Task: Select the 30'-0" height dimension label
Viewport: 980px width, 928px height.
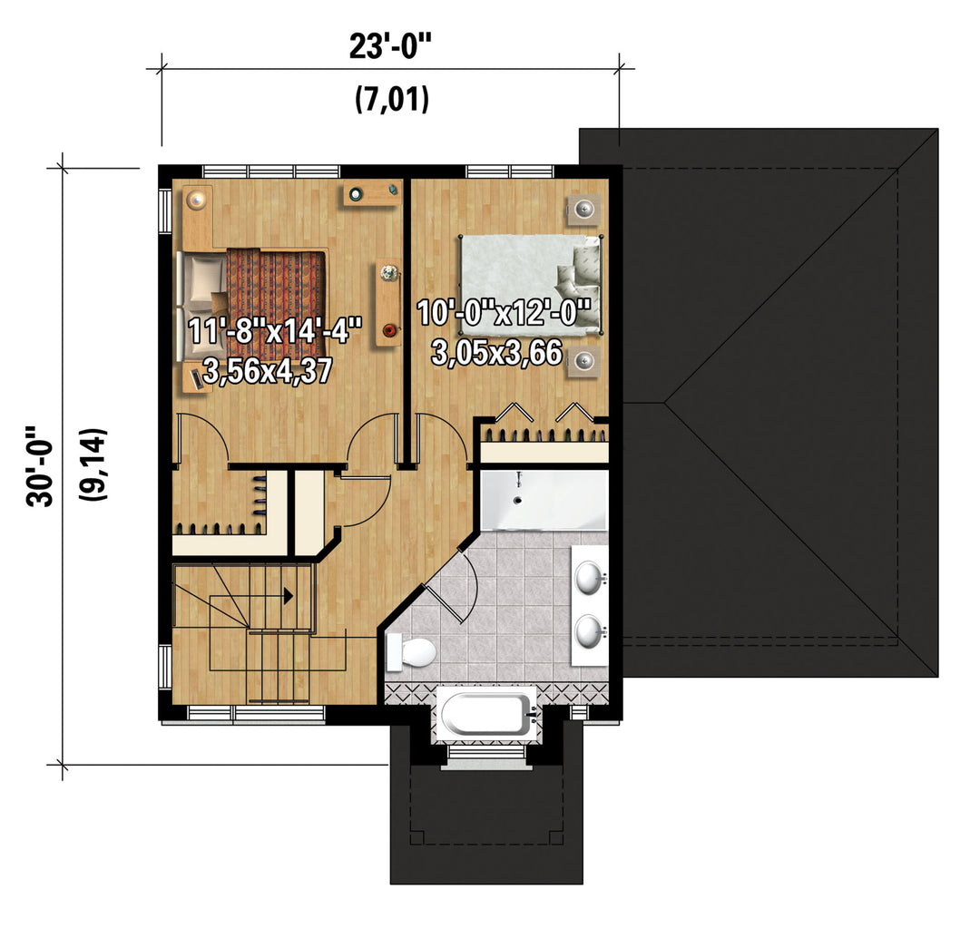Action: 39,466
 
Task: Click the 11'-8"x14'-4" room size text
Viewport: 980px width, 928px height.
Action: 275,330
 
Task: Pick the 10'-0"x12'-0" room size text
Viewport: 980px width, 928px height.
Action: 504,312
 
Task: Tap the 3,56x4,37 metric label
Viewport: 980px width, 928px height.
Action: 268,371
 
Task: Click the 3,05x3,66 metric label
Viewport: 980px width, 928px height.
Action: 497,353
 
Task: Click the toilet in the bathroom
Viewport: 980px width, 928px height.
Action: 410,652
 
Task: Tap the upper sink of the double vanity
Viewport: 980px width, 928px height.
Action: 589,578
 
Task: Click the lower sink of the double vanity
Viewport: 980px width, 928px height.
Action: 589,631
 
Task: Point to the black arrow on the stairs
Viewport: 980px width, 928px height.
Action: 289,596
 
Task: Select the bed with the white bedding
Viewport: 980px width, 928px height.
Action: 531,284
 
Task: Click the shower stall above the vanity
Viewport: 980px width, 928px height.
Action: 544,500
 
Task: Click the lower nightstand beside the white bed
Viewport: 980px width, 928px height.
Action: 583,362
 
